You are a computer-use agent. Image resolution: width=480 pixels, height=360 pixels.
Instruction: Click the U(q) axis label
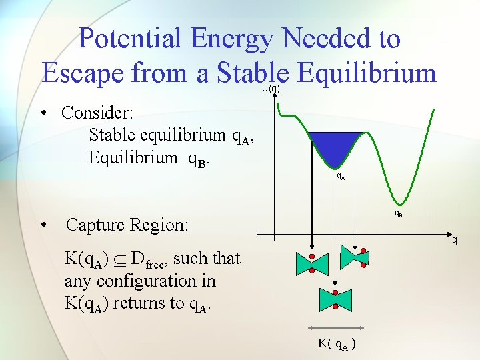pos(270,88)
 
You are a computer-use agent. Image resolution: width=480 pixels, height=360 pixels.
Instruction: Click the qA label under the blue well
pos(340,177)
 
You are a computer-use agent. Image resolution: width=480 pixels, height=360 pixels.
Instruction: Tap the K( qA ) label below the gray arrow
pos(336,345)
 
